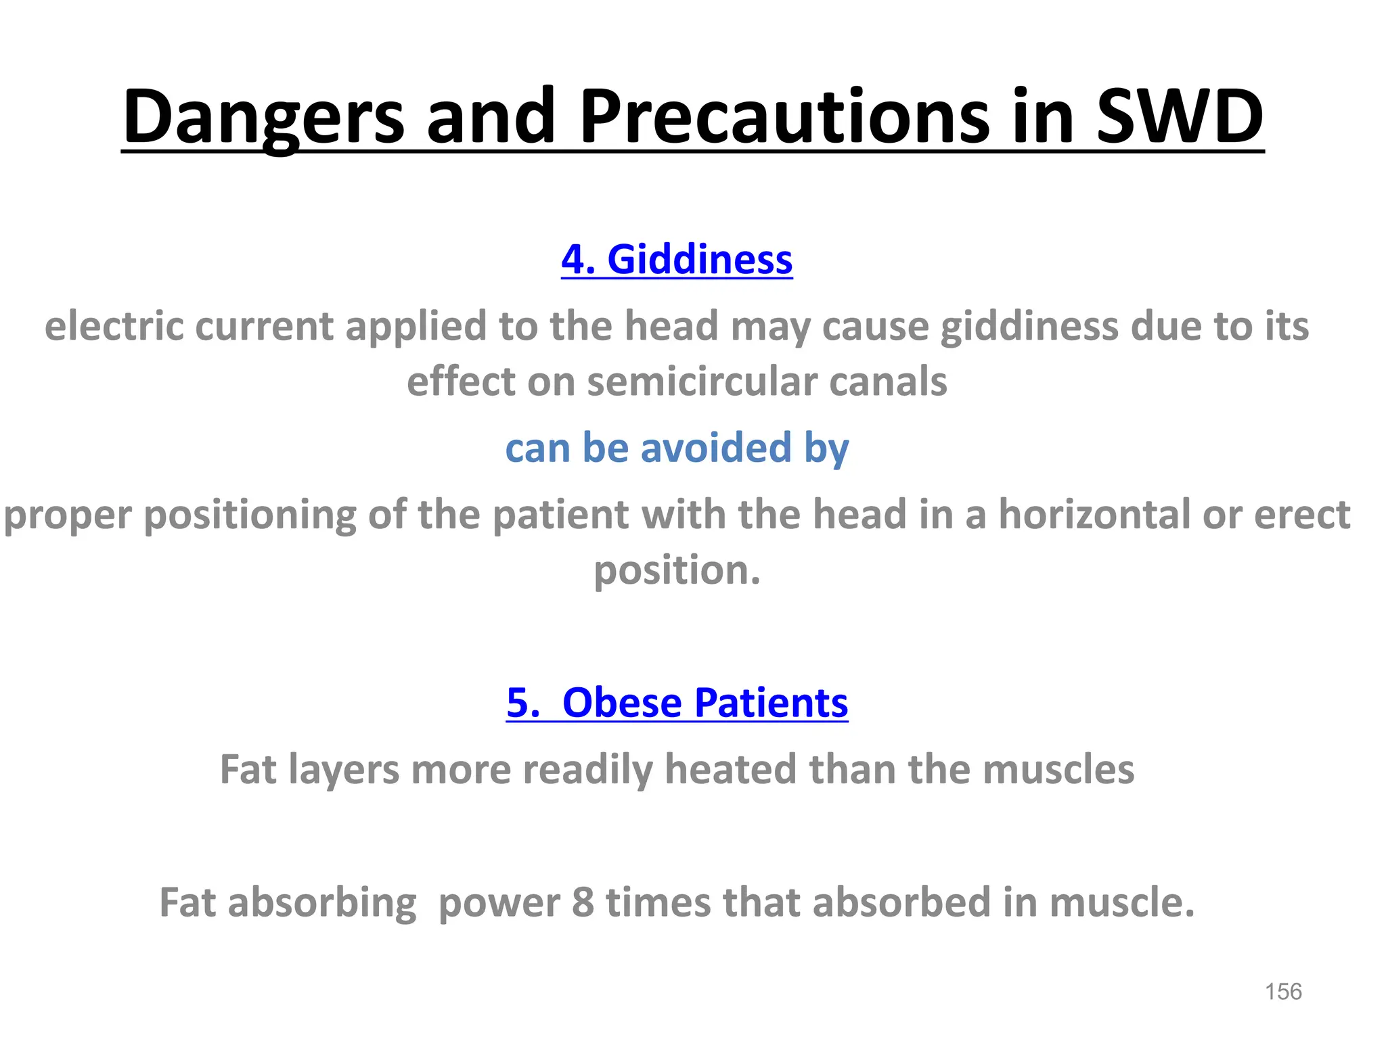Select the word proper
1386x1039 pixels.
coord(68,515)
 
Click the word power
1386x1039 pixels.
coord(499,904)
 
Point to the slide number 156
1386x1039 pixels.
coord(1282,992)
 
